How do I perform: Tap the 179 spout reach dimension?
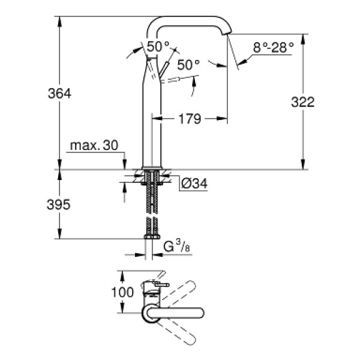point(190,119)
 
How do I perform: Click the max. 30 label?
point(95,146)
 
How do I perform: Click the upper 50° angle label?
point(158,46)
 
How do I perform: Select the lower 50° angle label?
point(188,65)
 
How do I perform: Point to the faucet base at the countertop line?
point(153,166)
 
